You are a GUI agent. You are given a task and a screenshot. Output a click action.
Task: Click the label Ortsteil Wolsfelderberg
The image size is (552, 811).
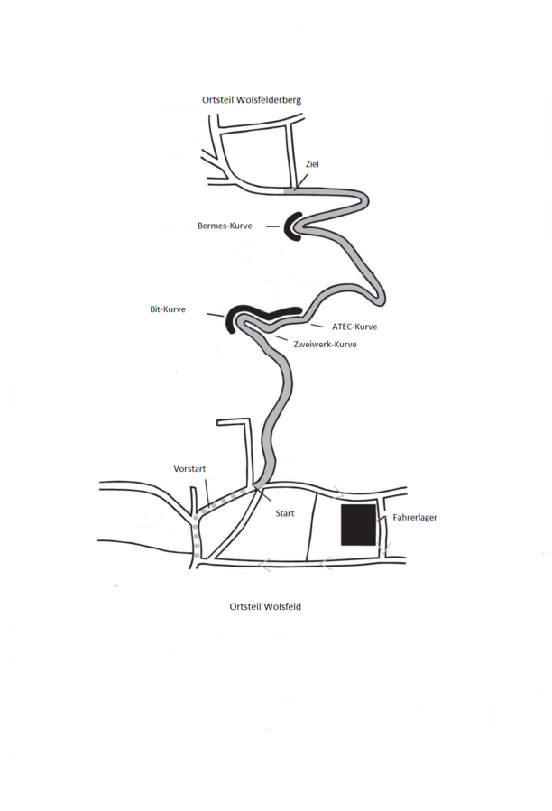tap(252, 100)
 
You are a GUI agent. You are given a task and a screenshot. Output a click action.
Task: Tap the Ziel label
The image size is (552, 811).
tap(312, 164)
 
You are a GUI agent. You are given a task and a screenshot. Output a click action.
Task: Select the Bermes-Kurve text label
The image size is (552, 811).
tap(225, 226)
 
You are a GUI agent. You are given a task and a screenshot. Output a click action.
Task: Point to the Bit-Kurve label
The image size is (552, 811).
tap(168, 309)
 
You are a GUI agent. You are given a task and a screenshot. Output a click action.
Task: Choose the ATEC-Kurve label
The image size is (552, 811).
tap(354, 327)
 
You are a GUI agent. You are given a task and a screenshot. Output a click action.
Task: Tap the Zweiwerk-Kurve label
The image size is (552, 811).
tap(325, 344)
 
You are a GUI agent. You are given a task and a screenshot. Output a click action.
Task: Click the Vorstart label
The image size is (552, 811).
tap(189, 468)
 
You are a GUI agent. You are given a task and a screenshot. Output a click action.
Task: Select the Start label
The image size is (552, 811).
tap(284, 513)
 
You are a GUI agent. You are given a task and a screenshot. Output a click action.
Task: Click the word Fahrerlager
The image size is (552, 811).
tap(415, 517)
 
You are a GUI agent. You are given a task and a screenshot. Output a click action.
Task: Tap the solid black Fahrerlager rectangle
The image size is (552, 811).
tap(358, 525)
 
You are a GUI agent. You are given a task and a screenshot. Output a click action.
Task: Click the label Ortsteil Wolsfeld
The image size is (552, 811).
tap(265, 606)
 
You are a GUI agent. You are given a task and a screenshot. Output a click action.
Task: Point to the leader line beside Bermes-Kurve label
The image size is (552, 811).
tap(272, 226)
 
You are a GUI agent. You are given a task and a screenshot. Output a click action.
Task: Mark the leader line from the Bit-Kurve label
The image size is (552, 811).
tap(216, 315)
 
